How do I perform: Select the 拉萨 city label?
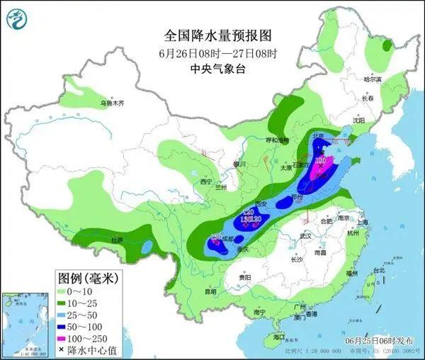pos(113,240)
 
